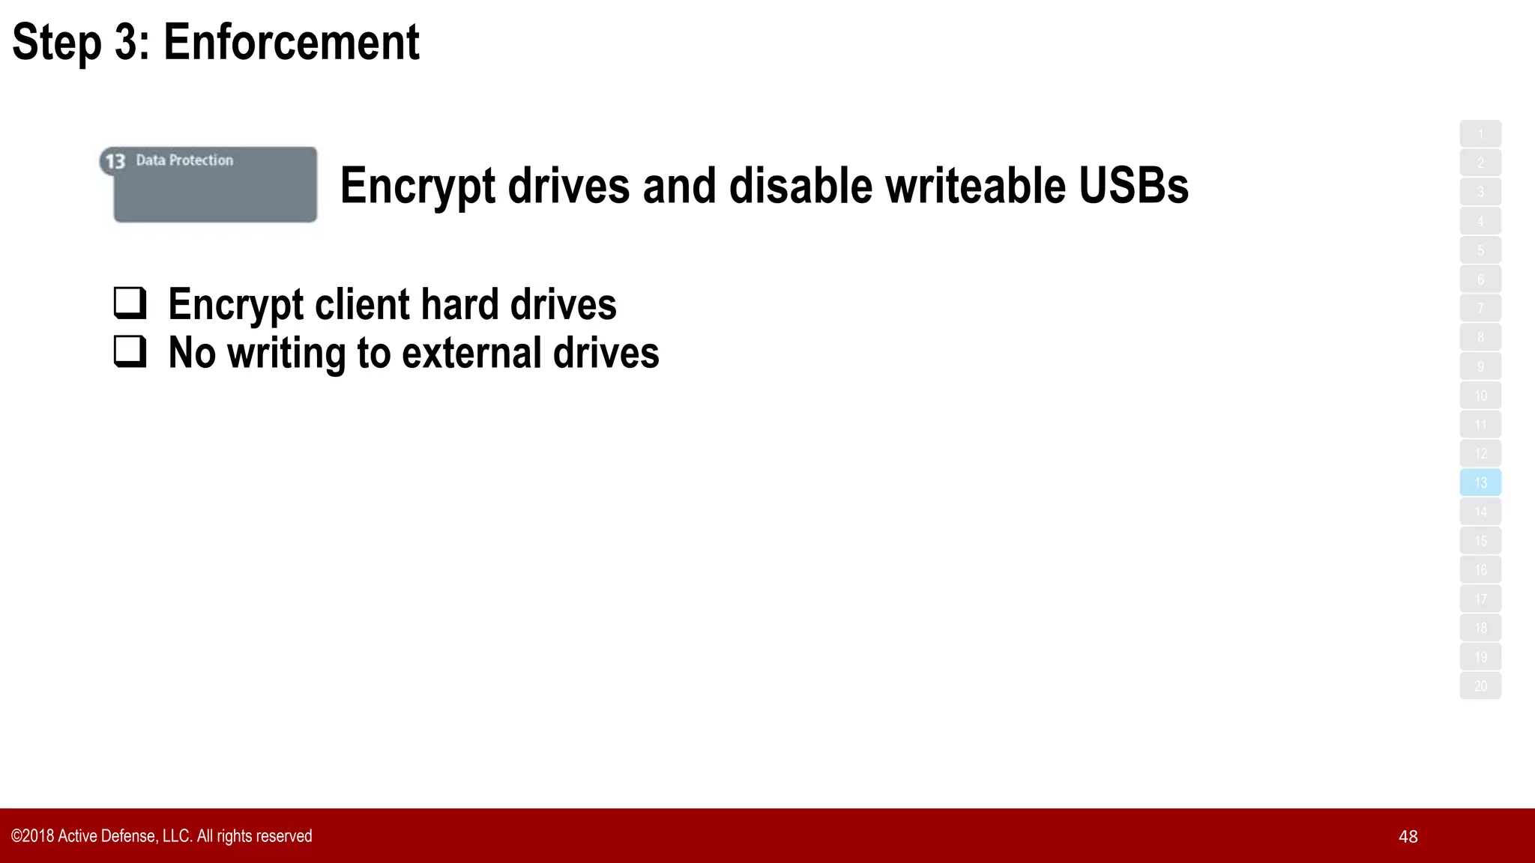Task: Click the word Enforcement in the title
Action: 291,42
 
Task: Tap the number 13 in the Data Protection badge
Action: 115,162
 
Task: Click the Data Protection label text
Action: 184,160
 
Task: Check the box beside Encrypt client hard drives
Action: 130,302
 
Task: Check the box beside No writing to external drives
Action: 130,351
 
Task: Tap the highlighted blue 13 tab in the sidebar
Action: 1480,482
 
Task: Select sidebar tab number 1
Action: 1480,134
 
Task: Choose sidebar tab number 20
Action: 1480,686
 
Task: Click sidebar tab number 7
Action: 1480,308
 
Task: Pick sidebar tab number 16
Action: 1480,570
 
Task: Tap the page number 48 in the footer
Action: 1408,837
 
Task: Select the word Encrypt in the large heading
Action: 417,186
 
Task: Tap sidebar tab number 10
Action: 1480,396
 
